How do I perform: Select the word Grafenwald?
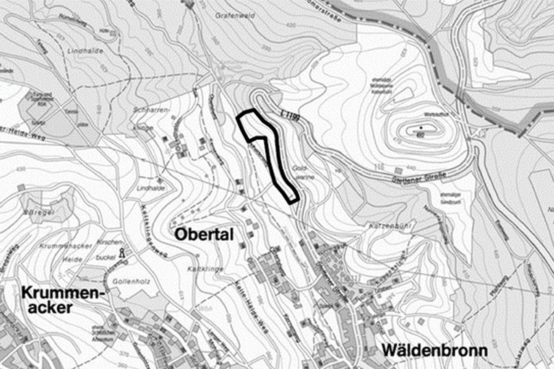click(229, 15)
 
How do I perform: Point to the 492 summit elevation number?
click(421, 134)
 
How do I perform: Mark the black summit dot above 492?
click(421, 127)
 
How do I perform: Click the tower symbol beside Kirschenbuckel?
click(122, 252)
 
